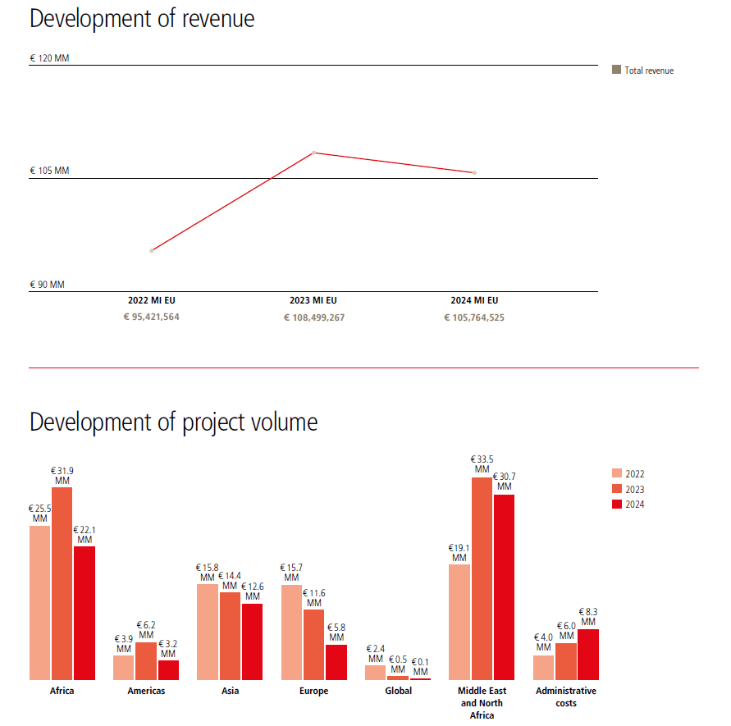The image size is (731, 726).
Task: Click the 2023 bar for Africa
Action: coord(62,583)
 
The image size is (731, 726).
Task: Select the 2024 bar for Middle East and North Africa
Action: coord(504,587)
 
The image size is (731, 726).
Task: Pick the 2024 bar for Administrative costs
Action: coord(588,654)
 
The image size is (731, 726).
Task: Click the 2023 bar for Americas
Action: coord(146,660)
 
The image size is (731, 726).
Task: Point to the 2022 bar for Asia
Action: coord(208,632)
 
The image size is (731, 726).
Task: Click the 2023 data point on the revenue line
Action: coord(314,153)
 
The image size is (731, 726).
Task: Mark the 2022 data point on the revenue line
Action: coord(152,250)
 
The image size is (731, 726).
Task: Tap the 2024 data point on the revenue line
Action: coord(474,172)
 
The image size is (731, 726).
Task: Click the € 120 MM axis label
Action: coord(49,58)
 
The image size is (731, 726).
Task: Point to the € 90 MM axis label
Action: coord(47,285)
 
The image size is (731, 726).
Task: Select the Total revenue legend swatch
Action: coord(616,70)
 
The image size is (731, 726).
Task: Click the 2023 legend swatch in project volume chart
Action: coord(617,489)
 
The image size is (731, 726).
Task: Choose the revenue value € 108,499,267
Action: coord(314,317)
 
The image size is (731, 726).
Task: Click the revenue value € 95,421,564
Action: coord(152,317)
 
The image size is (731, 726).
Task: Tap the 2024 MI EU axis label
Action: coord(474,300)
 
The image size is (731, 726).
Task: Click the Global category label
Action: coord(399,691)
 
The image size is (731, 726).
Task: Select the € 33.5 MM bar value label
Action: coord(482,464)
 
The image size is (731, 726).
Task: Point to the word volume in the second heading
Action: coord(281,422)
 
